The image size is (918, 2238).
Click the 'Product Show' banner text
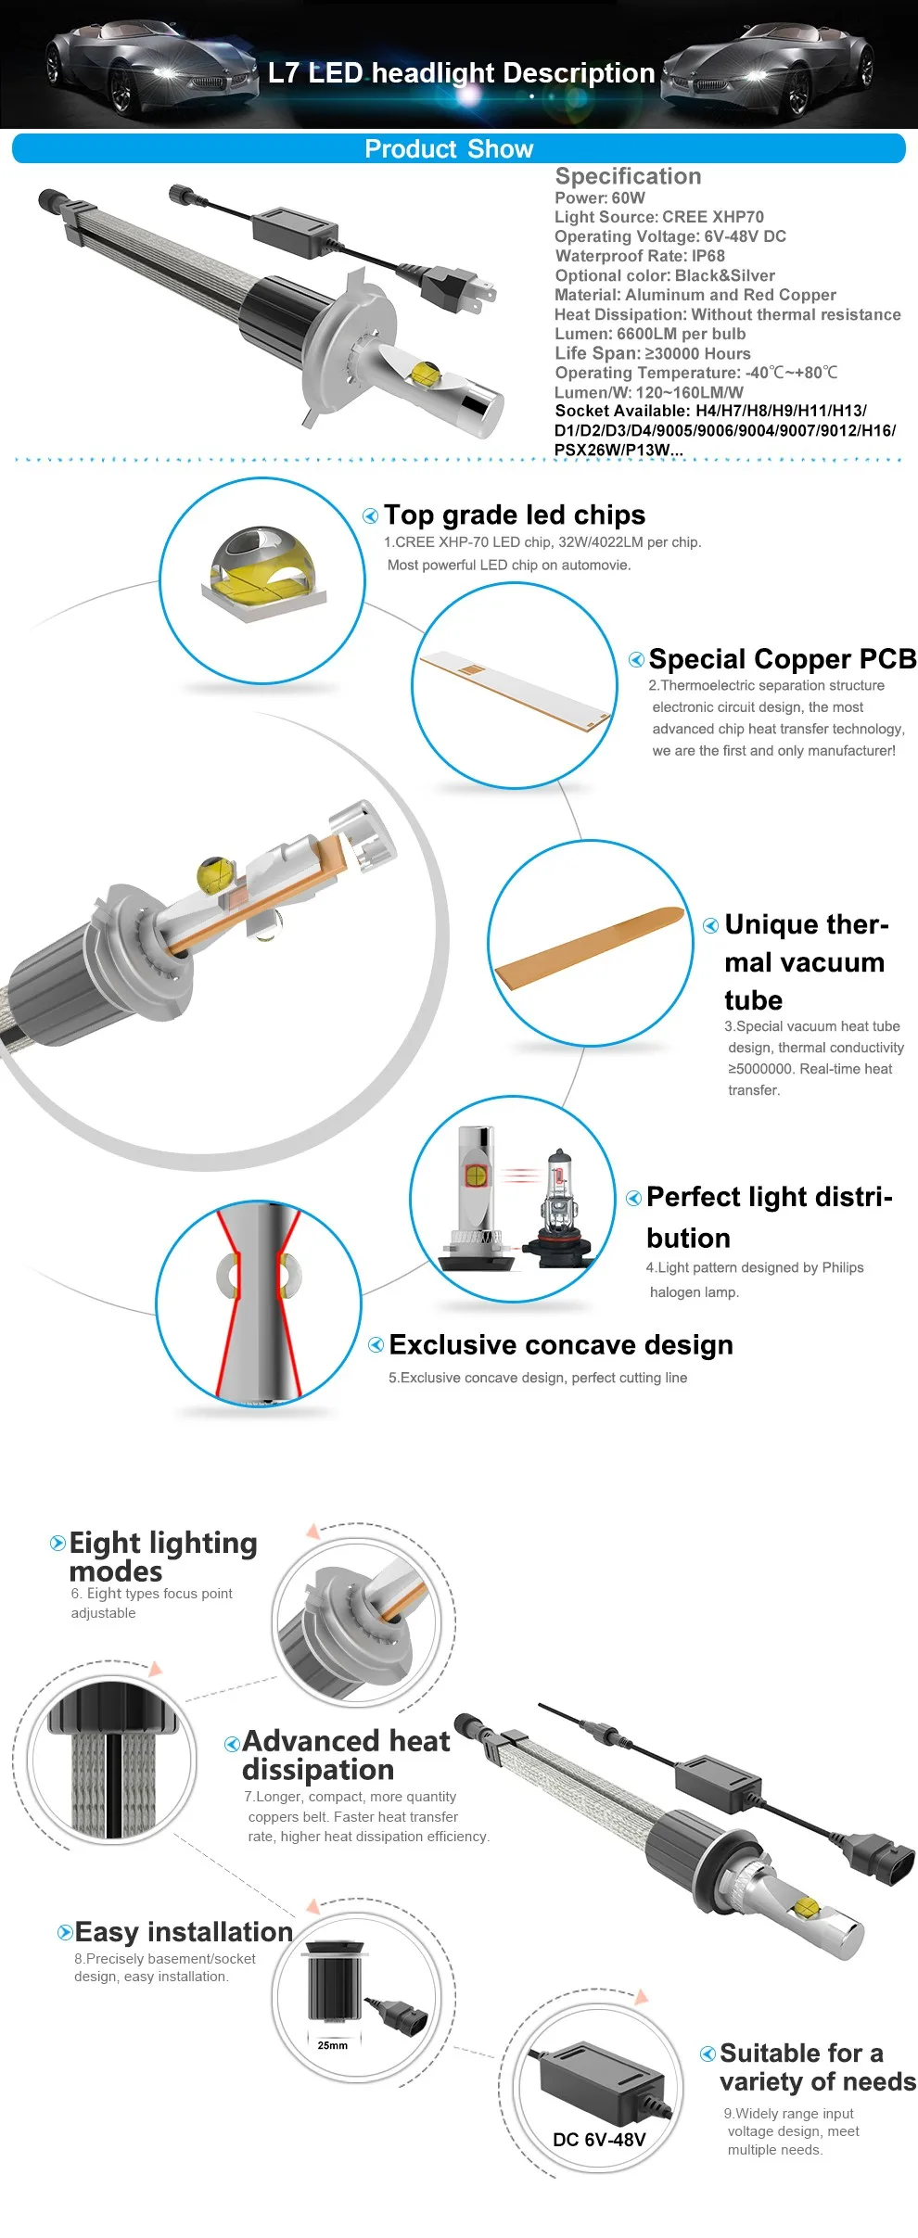449,149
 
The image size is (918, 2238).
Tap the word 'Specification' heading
628,176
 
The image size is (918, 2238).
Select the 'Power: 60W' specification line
600,197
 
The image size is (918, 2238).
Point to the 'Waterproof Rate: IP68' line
640,256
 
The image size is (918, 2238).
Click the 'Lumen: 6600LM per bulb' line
650,334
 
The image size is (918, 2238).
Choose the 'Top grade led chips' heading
515,515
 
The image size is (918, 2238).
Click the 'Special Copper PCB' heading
783,659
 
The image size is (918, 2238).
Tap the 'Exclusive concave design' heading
561,1345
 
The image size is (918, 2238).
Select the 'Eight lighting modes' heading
163,1557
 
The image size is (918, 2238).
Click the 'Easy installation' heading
184,1932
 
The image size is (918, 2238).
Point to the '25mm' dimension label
332,2045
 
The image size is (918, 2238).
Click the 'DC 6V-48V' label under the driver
599,2140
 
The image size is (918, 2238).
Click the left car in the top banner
148,67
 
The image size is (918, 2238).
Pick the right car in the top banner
768,67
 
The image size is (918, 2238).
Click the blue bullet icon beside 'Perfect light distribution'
634,1199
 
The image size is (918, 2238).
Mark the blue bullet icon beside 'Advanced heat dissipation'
233,1744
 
